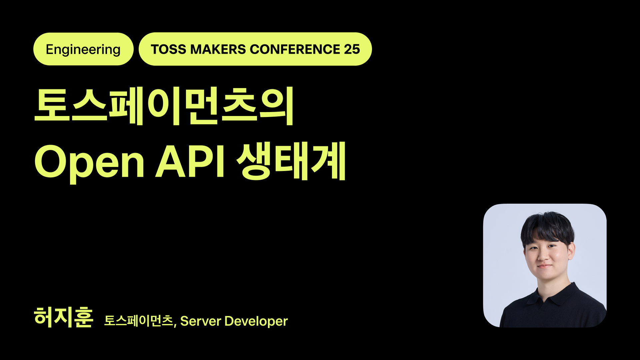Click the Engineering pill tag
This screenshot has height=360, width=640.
tap(83, 49)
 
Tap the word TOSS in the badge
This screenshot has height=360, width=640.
tap(168, 49)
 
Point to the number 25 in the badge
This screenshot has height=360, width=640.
tap(352, 49)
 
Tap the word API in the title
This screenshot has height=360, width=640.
tap(190, 162)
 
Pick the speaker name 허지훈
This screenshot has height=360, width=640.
tap(63, 317)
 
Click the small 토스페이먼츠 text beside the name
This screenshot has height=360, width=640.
tap(139, 321)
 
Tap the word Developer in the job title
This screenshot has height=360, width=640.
tap(256, 321)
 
